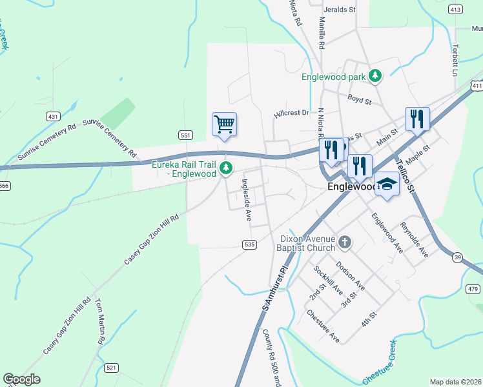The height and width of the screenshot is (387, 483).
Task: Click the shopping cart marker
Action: tap(224, 124)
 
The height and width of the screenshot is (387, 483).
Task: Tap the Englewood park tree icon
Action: tap(375, 77)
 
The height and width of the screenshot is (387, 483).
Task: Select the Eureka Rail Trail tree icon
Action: tap(225, 169)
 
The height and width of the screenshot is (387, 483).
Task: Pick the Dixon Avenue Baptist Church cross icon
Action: tap(345, 243)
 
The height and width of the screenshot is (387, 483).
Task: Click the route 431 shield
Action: tap(53, 116)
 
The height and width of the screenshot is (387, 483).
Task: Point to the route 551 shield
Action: tap(185, 135)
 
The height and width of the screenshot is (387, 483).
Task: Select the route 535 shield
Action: tap(251, 244)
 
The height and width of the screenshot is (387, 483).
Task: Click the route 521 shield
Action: tap(112, 368)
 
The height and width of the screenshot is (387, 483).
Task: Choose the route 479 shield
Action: tap(473, 288)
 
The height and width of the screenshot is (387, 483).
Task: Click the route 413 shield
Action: tap(455, 9)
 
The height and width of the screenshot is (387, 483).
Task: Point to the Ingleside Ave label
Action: tap(247, 200)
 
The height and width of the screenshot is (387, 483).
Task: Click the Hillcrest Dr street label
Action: tap(291, 113)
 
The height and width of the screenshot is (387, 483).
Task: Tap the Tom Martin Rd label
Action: tap(100, 321)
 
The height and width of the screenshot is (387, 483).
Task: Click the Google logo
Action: tap(22, 379)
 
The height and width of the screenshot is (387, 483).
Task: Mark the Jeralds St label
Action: tap(340, 10)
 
